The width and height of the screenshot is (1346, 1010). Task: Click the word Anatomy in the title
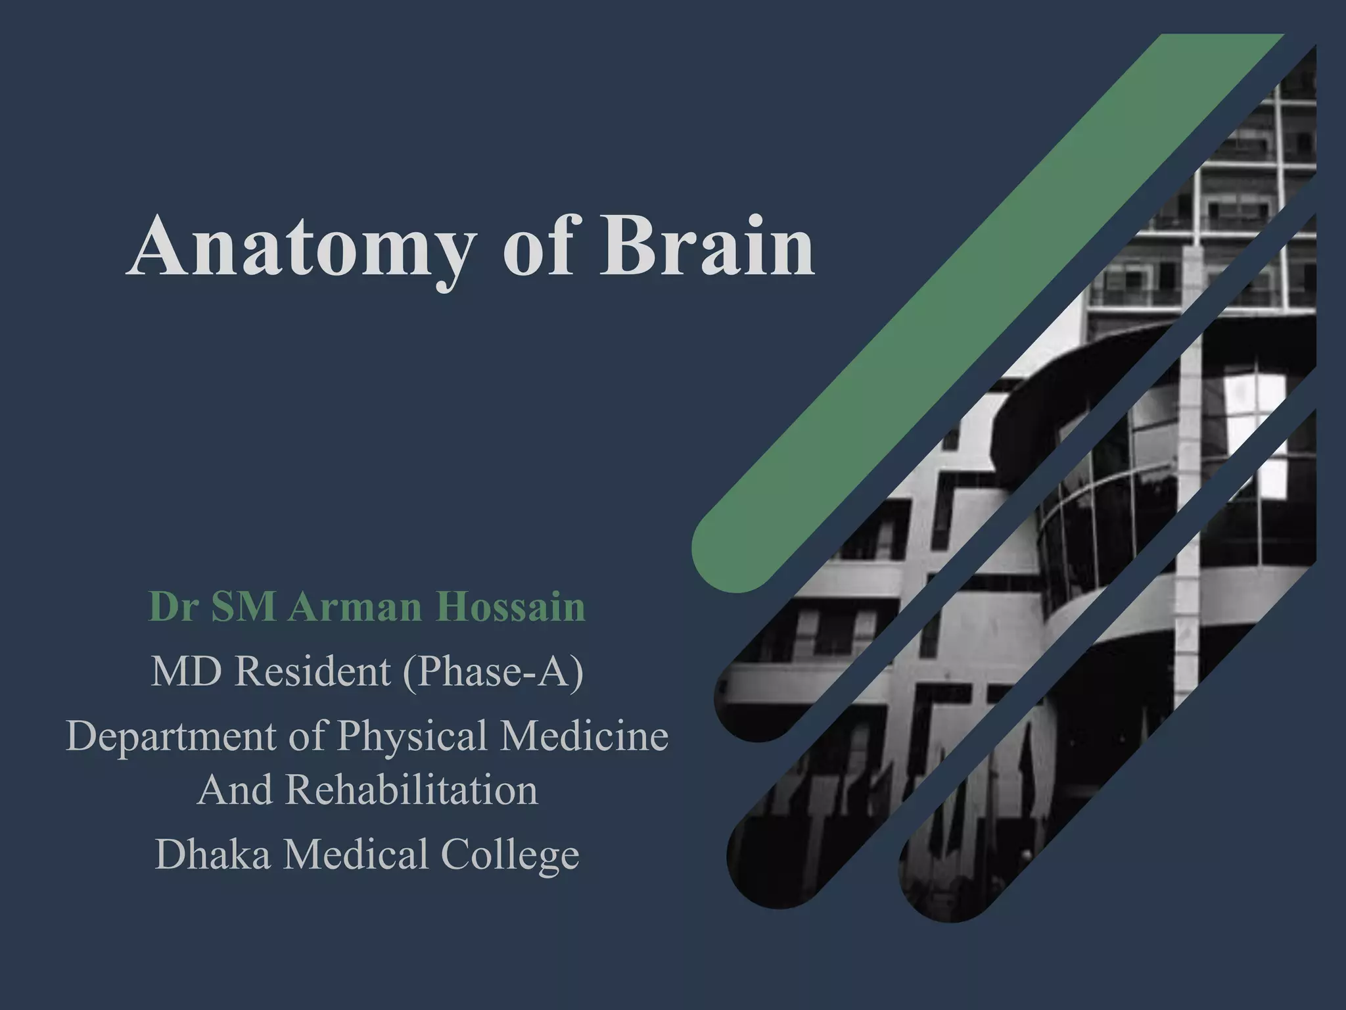click(x=299, y=249)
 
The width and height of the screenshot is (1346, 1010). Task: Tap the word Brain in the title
click(x=707, y=247)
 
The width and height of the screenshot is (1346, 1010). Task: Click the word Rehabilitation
click(x=411, y=790)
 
